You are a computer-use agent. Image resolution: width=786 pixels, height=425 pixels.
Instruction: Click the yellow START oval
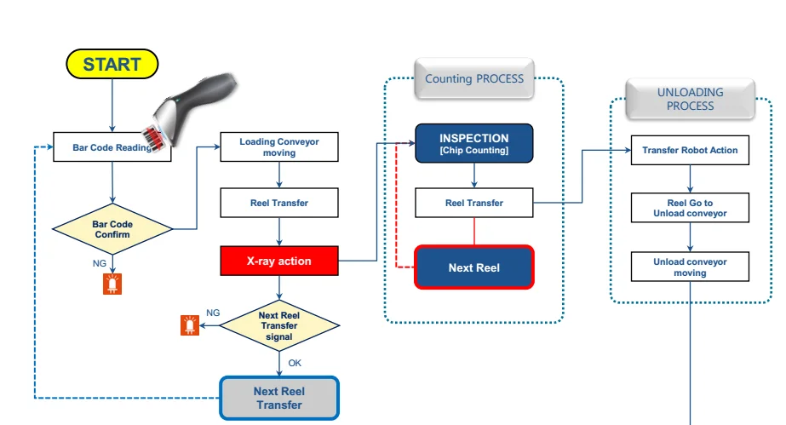pyautogui.click(x=112, y=64)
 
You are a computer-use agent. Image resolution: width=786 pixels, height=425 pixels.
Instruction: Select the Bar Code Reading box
pyautogui.click(x=112, y=146)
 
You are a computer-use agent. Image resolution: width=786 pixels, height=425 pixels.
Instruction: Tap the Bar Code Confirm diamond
pyautogui.click(x=112, y=229)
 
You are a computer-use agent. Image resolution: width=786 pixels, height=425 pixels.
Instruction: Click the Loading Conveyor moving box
pyautogui.click(x=279, y=146)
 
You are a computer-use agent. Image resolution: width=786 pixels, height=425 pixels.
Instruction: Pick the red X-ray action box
pyautogui.click(x=279, y=261)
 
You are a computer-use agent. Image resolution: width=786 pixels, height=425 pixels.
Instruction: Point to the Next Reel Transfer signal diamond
pyautogui.click(x=279, y=325)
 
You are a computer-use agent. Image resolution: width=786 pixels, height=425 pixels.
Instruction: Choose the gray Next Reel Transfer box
pyautogui.click(x=279, y=398)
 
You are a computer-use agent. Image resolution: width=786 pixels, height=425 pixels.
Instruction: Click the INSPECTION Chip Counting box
pyautogui.click(x=474, y=143)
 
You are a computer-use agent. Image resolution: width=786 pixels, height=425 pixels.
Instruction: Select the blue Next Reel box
pyautogui.click(x=474, y=267)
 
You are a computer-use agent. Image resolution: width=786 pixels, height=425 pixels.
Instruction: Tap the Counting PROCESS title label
pyautogui.click(x=474, y=78)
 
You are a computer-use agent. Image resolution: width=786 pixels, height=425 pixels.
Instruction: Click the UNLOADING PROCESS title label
pyautogui.click(x=691, y=99)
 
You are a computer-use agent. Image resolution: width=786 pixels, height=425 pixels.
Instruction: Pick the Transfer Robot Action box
pyautogui.click(x=690, y=150)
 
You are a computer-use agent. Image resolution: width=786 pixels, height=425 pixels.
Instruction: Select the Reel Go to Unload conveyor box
pyautogui.click(x=690, y=208)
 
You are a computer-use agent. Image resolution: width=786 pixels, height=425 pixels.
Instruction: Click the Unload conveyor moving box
pyautogui.click(x=690, y=267)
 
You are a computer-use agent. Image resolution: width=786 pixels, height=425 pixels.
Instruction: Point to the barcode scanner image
pyautogui.click(x=188, y=112)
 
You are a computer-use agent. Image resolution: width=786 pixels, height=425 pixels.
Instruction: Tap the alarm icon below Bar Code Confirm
pyautogui.click(x=112, y=284)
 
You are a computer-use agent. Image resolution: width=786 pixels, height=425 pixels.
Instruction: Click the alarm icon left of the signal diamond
pyautogui.click(x=190, y=325)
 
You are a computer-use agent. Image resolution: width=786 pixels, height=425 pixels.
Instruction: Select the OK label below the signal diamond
pyautogui.click(x=295, y=363)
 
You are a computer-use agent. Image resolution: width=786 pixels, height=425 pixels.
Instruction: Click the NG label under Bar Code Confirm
pyautogui.click(x=100, y=263)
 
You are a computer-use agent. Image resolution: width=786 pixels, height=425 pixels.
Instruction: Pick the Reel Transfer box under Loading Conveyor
pyautogui.click(x=279, y=203)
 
